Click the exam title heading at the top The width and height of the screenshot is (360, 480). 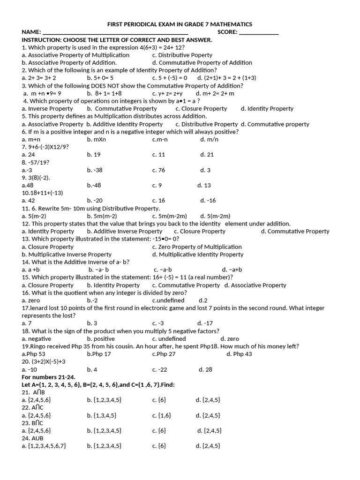(180, 24)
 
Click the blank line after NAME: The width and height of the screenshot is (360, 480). (115, 33)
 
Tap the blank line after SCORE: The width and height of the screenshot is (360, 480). (259, 33)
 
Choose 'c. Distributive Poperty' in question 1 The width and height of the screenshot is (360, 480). (182, 55)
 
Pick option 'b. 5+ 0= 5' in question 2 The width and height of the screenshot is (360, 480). (100, 78)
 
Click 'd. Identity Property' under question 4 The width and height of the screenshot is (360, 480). (267, 108)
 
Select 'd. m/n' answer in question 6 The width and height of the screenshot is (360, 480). (209, 139)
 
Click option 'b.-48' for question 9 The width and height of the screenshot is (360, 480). (94, 185)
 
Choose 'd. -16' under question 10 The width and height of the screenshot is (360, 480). (208, 200)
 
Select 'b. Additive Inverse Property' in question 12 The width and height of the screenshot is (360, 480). (125, 231)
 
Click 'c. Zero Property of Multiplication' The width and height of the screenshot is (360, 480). (197, 247)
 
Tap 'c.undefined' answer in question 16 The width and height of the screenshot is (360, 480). (168, 300)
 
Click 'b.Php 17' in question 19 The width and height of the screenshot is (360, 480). (99, 354)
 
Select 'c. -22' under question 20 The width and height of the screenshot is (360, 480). (160, 369)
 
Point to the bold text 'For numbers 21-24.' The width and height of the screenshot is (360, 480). (49, 377)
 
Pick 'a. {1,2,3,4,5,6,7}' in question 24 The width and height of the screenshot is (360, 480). (44, 446)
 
